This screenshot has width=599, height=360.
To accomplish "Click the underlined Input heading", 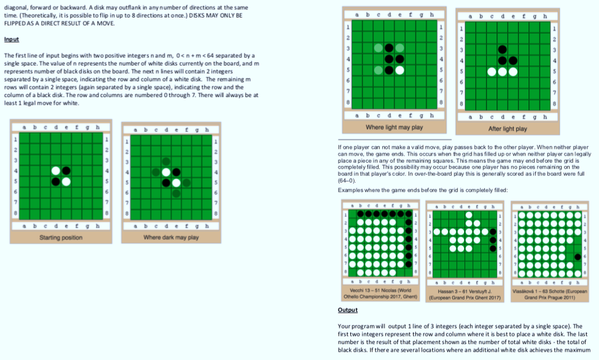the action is (x=12, y=39).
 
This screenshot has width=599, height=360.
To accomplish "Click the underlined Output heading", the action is (x=347, y=310).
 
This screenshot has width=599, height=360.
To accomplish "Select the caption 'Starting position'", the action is (x=61, y=237).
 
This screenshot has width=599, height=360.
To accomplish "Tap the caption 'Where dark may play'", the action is (x=171, y=237).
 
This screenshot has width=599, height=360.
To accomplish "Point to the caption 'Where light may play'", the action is (x=394, y=127).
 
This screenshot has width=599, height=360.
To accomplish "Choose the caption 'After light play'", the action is (x=507, y=129).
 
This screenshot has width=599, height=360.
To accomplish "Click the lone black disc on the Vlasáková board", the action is (x=577, y=257).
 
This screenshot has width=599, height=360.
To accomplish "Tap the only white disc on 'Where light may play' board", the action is (x=400, y=70).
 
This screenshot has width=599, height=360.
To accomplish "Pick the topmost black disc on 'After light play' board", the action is (x=502, y=49).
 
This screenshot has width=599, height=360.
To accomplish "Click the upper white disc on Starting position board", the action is (x=56, y=171).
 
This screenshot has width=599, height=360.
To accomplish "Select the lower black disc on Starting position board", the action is (x=56, y=181).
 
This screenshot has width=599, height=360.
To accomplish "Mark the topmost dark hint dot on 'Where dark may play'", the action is (x=166, y=162).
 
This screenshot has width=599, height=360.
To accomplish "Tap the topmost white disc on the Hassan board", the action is (x=469, y=215).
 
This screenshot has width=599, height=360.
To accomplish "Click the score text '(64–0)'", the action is (x=346, y=180).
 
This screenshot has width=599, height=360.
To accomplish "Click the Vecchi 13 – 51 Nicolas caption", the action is (x=380, y=293).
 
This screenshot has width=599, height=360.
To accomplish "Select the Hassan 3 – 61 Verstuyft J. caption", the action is (x=464, y=294).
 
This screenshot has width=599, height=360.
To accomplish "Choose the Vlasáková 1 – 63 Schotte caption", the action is (x=550, y=294).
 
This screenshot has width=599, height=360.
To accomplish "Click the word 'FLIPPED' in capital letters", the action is (x=15, y=23).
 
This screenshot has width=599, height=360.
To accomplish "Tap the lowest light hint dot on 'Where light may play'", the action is (x=378, y=70).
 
